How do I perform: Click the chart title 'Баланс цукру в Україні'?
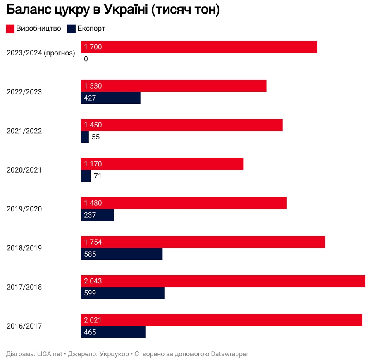click(112, 10)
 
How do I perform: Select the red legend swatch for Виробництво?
click(10, 29)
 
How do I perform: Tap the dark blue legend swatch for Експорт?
click(71, 29)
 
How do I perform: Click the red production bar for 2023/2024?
click(199, 47)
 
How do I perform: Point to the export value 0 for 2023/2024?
click(86, 59)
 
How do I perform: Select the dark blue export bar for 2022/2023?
click(110, 98)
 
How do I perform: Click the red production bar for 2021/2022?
click(181, 125)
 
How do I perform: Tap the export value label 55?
click(95, 137)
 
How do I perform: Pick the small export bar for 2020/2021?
click(86, 176)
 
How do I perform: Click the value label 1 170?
click(93, 164)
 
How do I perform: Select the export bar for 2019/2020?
click(97, 215)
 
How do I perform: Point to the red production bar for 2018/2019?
click(203, 242)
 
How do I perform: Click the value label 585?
click(90, 254)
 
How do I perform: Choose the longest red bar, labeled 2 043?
click(223, 281)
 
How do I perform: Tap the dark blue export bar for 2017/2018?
click(122, 293)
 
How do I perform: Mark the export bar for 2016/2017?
click(113, 332)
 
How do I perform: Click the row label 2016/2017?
click(24, 326)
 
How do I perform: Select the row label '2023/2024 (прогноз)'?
click(41, 53)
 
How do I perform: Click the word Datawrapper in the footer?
click(229, 354)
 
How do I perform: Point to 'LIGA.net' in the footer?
click(50, 354)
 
